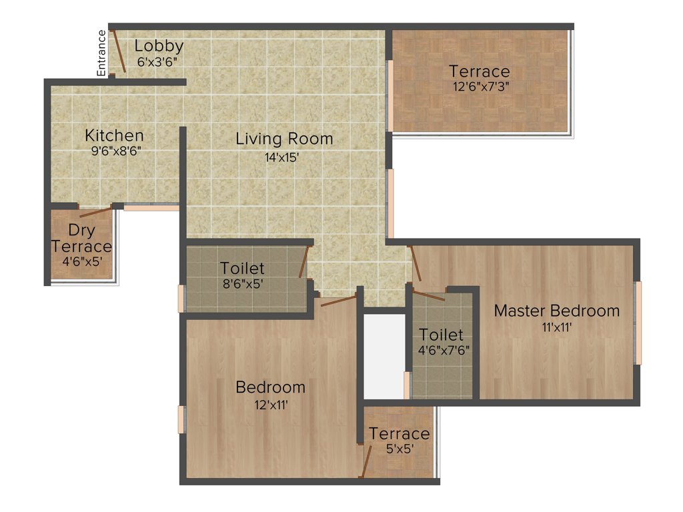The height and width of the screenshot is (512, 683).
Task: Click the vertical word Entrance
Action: pyautogui.click(x=102, y=53)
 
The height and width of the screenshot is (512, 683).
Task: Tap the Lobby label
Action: pyautogui.click(x=159, y=46)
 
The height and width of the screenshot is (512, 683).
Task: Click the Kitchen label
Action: pyautogui.click(x=114, y=135)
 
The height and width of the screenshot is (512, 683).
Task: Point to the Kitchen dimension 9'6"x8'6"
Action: pyautogui.click(x=116, y=151)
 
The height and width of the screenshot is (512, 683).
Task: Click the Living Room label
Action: pyautogui.click(x=284, y=139)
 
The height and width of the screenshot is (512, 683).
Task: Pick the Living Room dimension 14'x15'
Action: pyautogui.click(x=284, y=157)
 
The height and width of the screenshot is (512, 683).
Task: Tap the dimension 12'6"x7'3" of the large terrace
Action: pyautogui.click(x=479, y=87)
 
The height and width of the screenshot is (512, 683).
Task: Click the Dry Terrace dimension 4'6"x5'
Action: pyautogui.click(x=83, y=262)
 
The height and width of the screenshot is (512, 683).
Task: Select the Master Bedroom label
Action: pyautogui.click(x=556, y=311)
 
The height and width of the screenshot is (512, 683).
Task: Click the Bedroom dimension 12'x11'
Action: pyautogui.click(x=270, y=403)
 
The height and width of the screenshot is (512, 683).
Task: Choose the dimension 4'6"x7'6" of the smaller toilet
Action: pyautogui.click(x=440, y=350)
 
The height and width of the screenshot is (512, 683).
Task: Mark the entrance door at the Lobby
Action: pyautogui.click(x=118, y=51)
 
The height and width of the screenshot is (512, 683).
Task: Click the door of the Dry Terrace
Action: pyautogui.click(x=95, y=212)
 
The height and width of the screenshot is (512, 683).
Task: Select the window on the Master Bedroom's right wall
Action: pyautogui.click(x=638, y=323)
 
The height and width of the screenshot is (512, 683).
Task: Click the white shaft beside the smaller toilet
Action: pyautogui.click(x=384, y=356)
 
